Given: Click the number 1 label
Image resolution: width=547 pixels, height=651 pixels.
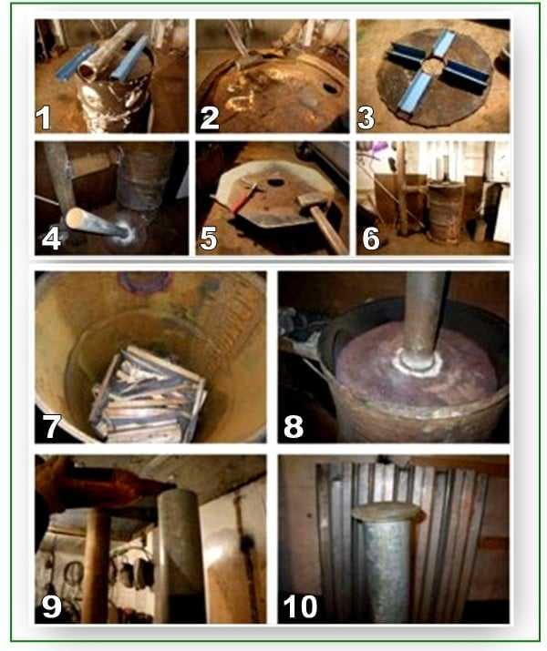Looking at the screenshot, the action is click(x=43, y=117).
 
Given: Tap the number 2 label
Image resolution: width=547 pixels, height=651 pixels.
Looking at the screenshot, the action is click(x=210, y=118).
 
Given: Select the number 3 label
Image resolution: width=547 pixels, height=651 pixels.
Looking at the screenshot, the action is click(x=366, y=117).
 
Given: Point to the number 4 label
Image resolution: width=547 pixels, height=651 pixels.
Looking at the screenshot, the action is click(x=51, y=239).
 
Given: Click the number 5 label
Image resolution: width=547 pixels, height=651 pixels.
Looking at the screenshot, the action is click(x=208, y=239).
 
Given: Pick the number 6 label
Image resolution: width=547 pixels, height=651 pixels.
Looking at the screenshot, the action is click(x=370, y=239).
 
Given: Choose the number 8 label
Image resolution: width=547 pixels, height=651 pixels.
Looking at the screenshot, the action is click(x=294, y=426).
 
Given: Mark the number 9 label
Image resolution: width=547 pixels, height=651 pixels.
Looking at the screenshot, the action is click(x=52, y=606).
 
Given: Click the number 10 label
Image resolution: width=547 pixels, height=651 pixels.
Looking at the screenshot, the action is click(x=300, y=606).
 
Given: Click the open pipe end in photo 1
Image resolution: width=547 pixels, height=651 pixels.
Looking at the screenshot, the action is click(x=88, y=71).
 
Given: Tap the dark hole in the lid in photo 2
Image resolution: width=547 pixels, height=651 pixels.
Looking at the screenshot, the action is click(x=331, y=87).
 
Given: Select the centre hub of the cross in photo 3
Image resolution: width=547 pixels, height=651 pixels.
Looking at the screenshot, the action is click(x=433, y=66).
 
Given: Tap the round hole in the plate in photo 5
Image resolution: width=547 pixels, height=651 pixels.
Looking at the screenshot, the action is click(x=275, y=182).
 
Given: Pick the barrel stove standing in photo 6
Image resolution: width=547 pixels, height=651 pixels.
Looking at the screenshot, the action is click(x=446, y=212).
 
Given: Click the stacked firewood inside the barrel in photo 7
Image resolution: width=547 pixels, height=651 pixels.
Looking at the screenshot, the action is click(x=148, y=393).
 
